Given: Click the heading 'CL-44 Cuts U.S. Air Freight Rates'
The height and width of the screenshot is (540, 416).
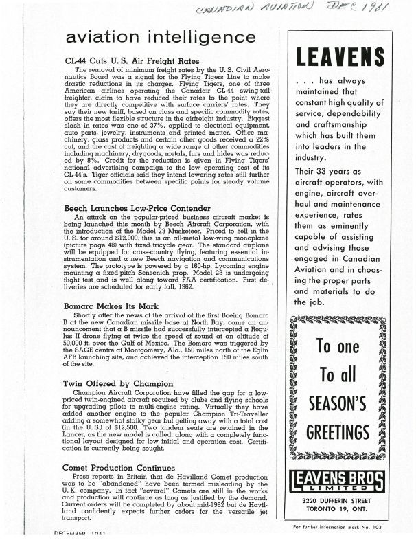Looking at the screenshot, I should [132, 60].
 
